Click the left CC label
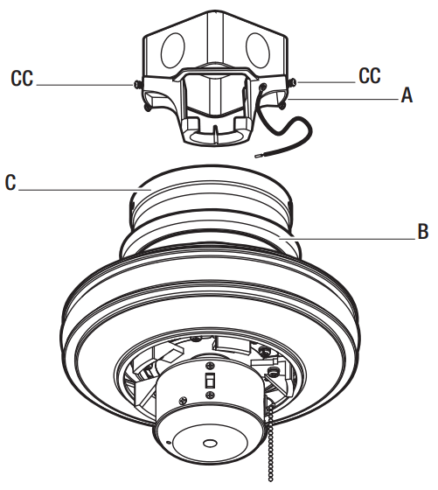[24, 80]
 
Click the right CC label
[370, 76]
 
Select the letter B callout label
[421, 233]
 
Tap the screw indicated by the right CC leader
[290, 81]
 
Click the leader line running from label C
[79, 187]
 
